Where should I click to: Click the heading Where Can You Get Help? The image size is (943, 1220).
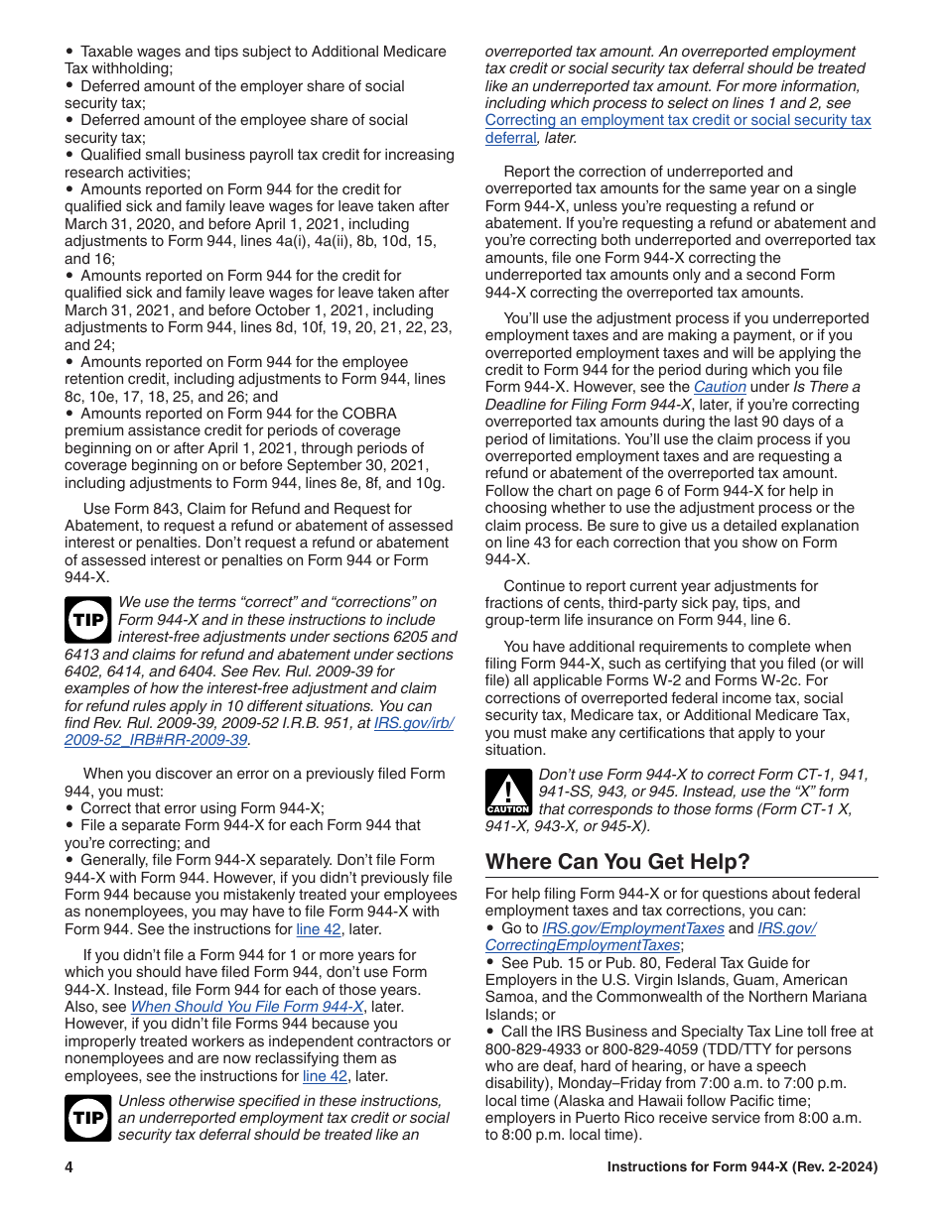(617, 862)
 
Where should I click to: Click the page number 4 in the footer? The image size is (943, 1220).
(69, 1167)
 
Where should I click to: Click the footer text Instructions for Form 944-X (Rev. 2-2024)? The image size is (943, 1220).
(741, 1167)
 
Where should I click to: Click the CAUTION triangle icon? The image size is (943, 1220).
(507, 793)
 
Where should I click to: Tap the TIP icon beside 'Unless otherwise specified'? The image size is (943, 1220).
(87, 1118)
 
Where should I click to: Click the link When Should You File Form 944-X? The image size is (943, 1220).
(247, 1007)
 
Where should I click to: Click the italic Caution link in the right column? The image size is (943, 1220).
(719, 387)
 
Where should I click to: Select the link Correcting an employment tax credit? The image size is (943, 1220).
(678, 120)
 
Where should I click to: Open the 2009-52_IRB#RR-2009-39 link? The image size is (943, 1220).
(156, 740)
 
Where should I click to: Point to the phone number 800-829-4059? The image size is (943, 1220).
(644, 1049)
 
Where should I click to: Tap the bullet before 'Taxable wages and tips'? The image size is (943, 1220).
(69, 52)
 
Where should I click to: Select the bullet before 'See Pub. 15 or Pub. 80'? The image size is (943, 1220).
(490, 963)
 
